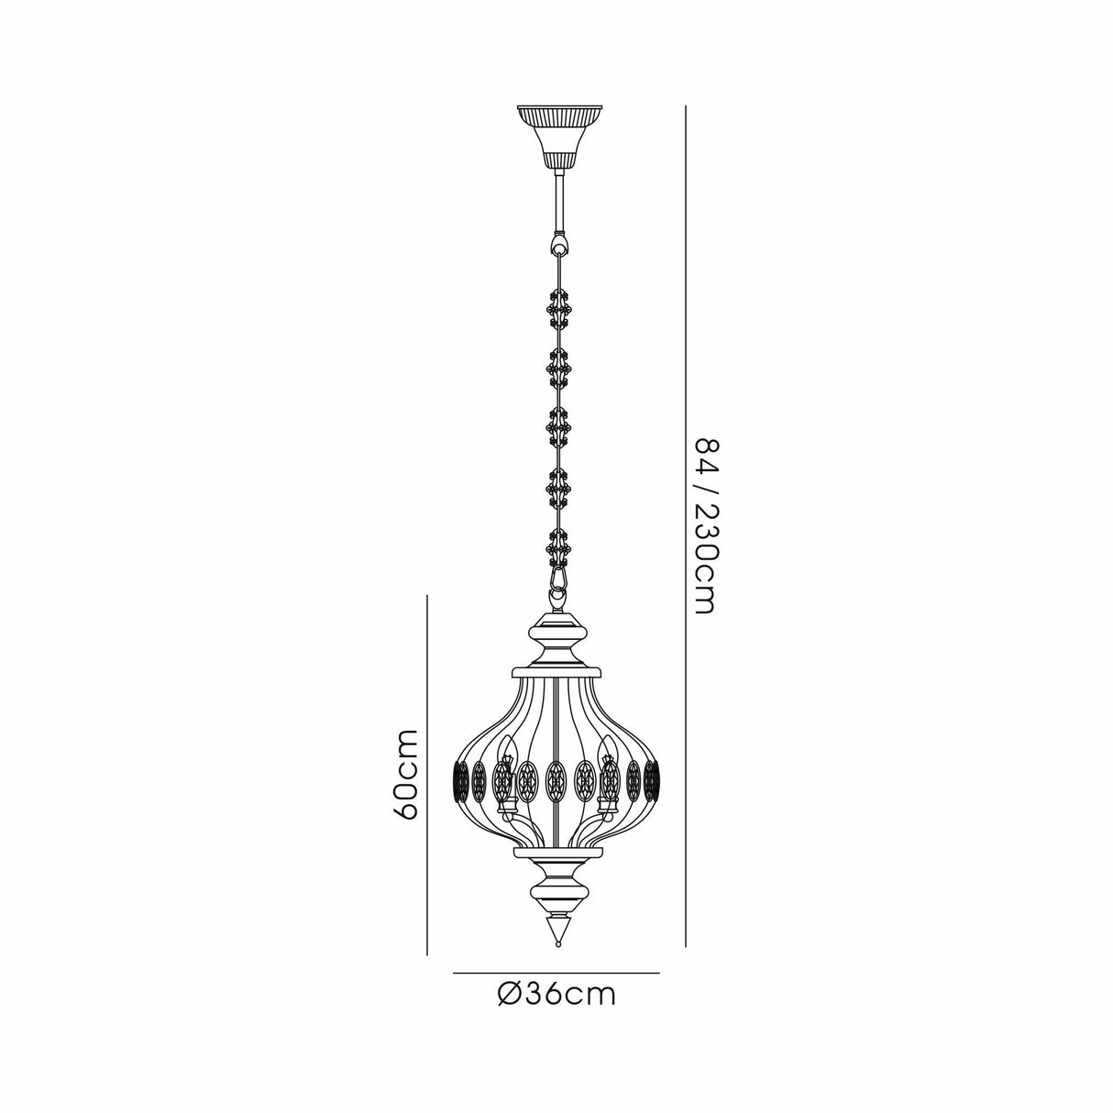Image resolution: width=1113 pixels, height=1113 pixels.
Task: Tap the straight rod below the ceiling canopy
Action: [x=556, y=202]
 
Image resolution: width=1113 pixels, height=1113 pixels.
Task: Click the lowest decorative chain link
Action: [x=556, y=545]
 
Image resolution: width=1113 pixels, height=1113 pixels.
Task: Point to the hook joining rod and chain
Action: [x=556, y=245]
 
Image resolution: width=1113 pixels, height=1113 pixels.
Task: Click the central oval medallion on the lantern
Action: [x=556, y=780]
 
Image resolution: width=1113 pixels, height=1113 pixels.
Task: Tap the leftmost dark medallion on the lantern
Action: [x=461, y=780]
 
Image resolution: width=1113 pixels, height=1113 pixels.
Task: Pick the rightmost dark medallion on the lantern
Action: [x=652, y=780]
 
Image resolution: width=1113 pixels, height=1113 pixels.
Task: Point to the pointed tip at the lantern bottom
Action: [x=556, y=934]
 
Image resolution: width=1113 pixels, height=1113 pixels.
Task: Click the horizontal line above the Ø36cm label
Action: [x=556, y=971]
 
